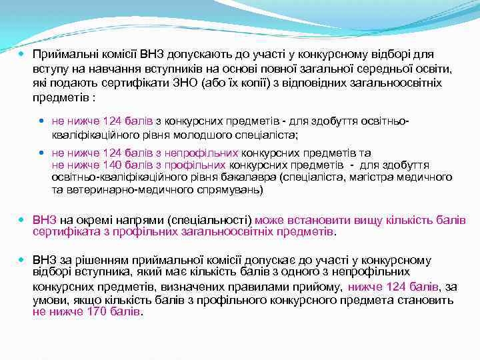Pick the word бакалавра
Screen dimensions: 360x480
pos(251,177)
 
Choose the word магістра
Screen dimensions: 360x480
pos(375,177)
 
